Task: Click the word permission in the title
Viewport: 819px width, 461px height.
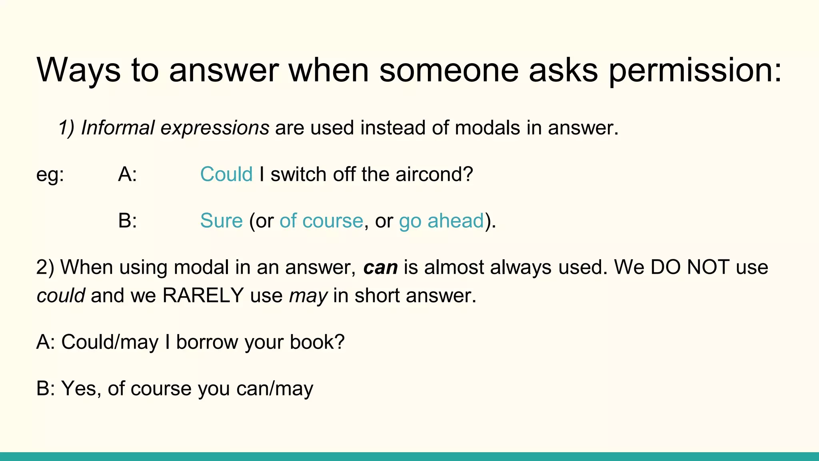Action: tap(695, 70)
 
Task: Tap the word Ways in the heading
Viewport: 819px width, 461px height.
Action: tap(78, 70)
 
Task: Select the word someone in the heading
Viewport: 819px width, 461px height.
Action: tap(448, 70)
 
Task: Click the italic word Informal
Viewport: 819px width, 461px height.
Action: tap(118, 128)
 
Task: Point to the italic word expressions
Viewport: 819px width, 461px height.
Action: tap(215, 128)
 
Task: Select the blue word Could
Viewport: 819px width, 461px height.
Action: tap(226, 174)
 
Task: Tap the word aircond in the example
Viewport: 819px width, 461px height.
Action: tap(434, 174)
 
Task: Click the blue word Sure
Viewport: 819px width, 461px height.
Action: tap(221, 220)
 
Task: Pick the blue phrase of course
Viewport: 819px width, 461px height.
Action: tap(321, 220)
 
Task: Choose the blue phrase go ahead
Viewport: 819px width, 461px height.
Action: tap(441, 220)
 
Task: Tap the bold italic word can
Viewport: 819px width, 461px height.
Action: tap(380, 267)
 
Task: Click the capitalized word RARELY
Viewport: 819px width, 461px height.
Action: tap(203, 296)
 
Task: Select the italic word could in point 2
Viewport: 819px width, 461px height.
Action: tap(60, 296)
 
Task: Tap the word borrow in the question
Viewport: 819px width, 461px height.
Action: tap(207, 342)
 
